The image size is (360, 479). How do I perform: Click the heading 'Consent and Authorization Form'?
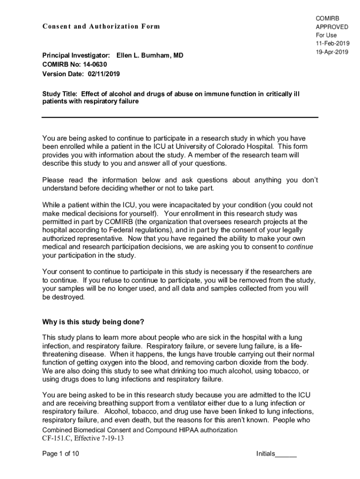[101, 26]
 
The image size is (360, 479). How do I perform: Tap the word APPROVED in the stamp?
[332, 27]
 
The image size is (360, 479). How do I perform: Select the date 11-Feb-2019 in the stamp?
[332, 44]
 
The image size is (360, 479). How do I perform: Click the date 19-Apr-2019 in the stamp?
[332, 52]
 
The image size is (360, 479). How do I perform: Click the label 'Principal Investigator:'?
[76, 55]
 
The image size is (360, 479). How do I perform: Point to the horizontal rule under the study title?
[180, 117]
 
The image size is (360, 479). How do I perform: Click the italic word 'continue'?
[299, 247]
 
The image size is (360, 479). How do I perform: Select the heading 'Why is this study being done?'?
[93, 322]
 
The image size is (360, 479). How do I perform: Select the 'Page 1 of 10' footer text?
[60, 454]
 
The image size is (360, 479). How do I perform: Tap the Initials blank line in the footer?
[286, 455]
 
